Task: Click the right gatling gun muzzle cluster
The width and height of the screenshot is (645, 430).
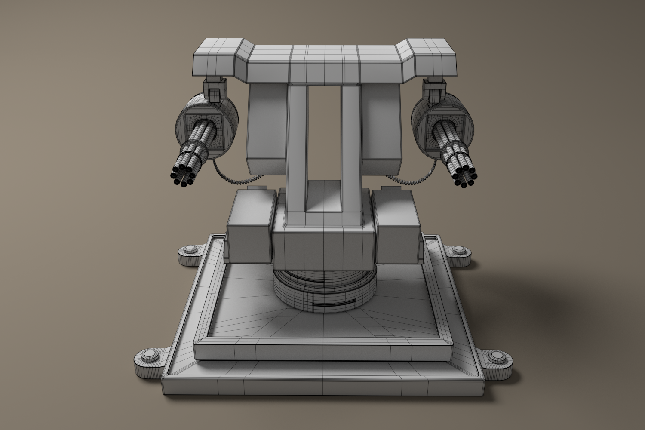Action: click(464, 177)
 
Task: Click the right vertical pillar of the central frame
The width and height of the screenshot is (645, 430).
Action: click(351, 146)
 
